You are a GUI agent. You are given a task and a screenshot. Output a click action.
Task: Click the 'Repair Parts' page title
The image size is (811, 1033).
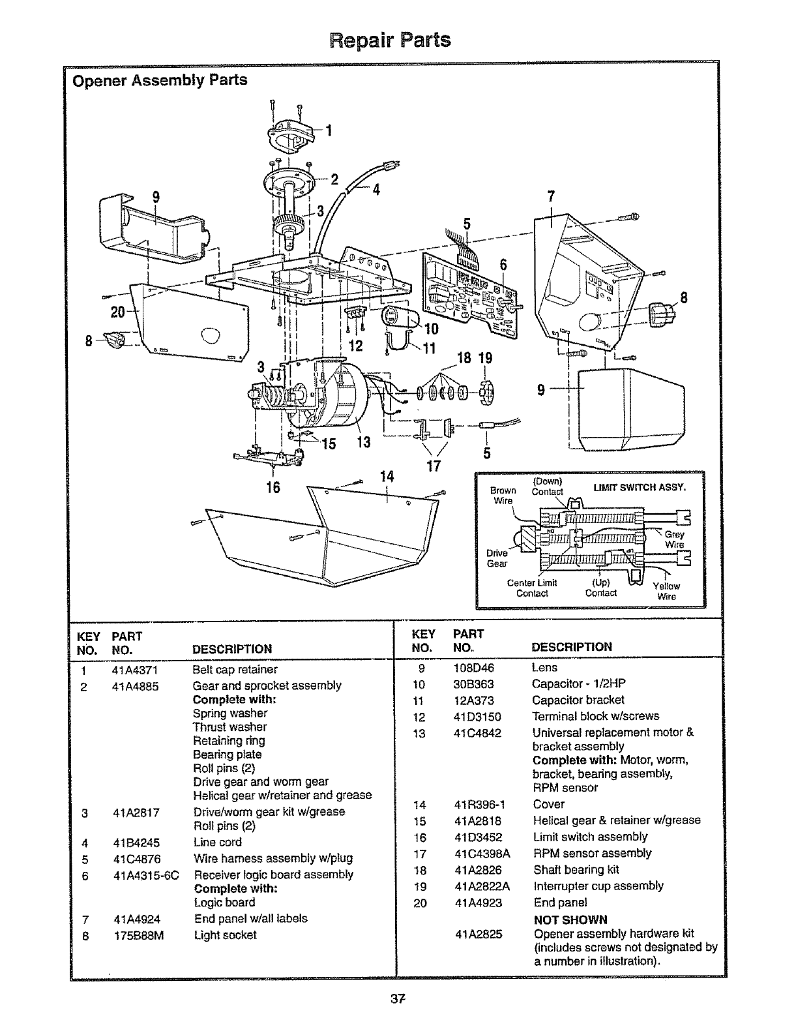point(390,40)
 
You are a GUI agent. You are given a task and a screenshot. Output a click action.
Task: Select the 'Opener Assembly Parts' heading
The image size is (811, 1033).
point(160,80)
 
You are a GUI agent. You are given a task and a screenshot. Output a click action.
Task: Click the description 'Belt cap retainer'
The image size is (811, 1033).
point(235,670)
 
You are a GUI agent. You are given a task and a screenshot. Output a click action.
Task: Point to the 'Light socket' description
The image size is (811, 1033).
point(226,935)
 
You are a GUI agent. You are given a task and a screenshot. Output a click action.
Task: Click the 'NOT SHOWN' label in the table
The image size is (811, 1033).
point(570,920)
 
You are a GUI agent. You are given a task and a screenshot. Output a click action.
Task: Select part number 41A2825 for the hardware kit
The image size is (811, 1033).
point(479,935)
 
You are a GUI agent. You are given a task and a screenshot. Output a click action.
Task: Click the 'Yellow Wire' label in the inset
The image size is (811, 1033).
point(666,591)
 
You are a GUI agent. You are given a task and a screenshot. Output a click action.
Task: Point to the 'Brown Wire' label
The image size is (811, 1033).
point(503,495)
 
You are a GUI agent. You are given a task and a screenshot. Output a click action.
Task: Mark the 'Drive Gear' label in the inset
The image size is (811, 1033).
point(497,558)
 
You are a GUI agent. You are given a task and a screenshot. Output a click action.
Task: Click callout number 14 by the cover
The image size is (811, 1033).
point(387,477)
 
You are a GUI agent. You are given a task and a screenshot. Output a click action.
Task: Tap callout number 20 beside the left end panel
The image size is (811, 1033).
point(117,312)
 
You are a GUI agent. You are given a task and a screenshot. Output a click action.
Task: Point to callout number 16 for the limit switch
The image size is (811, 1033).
point(273,487)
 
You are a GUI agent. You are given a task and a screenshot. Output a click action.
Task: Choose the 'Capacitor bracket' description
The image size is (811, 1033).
point(578,700)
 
